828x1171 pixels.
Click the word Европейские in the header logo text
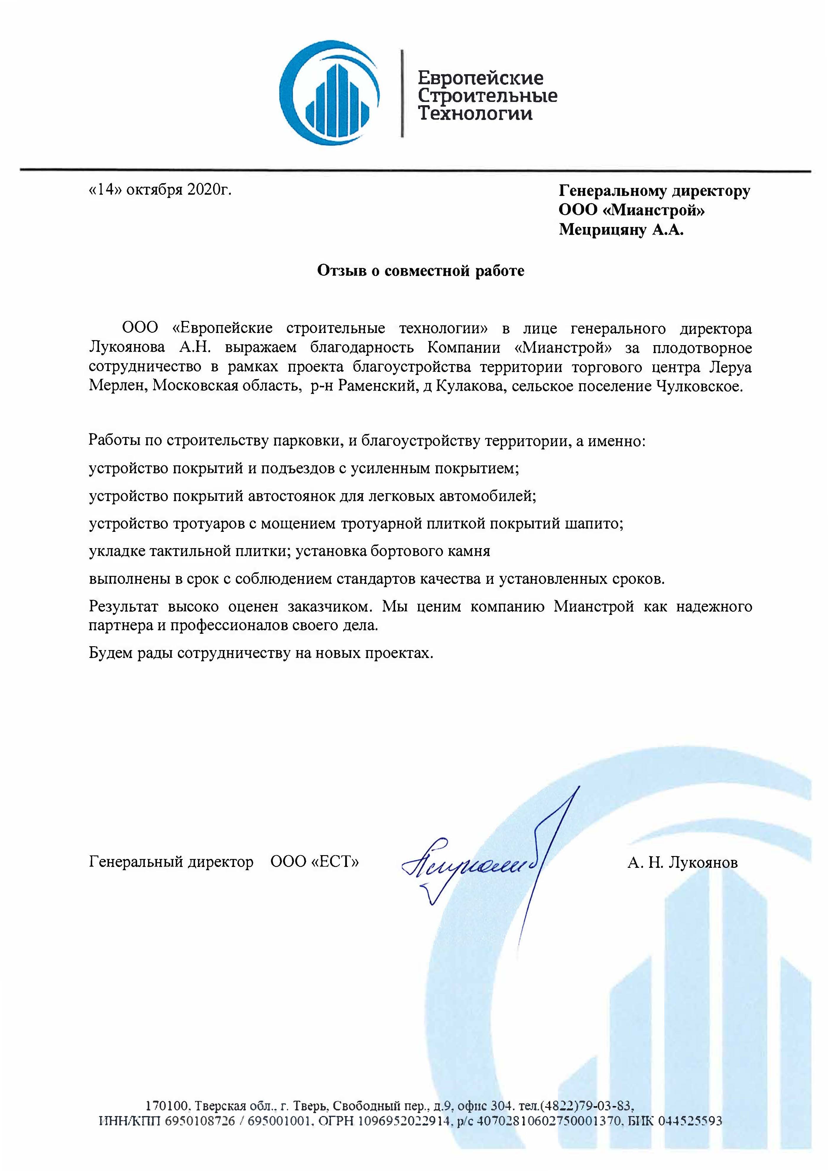tap(480, 78)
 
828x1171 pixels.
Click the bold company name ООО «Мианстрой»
tap(631, 210)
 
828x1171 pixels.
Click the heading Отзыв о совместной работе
tap(421, 270)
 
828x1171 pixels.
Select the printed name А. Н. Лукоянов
tap(683, 863)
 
